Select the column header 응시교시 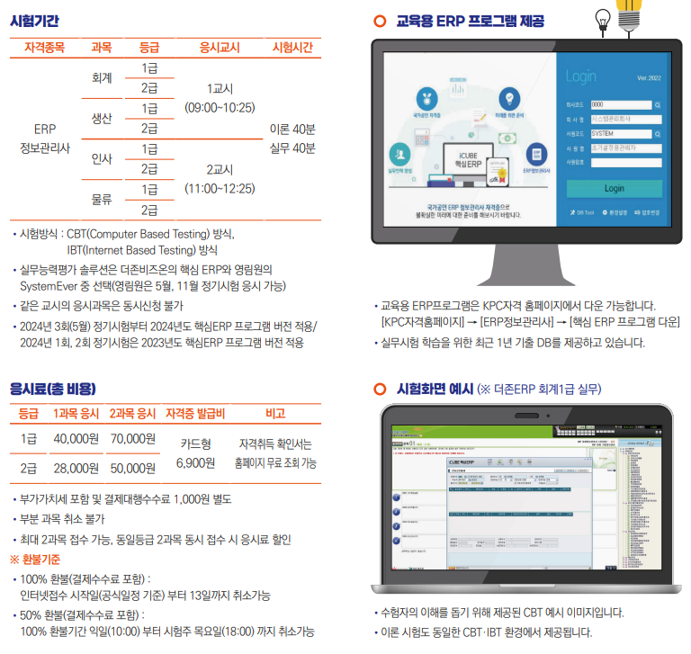220,47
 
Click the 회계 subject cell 102,78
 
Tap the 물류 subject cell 102,199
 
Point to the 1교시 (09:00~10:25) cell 220,98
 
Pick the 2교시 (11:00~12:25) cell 220,179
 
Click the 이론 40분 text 292,129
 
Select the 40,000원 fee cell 76,439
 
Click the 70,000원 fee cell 133,439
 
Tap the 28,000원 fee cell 76,468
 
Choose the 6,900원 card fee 195,462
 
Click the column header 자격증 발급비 195,414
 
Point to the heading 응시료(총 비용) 52,389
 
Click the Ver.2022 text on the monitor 649,78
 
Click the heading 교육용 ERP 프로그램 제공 470,20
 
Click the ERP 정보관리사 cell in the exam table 45,139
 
